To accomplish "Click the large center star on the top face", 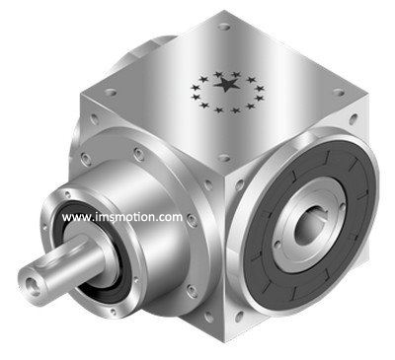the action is pyautogui.click(x=227, y=84).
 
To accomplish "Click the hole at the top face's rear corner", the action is pyautogui.click(x=223, y=26).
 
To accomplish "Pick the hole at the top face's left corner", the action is pyautogui.click(x=110, y=93).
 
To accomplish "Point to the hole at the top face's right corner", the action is pyautogui.click(x=339, y=92).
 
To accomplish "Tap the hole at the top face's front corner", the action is pyautogui.click(x=224, y=159).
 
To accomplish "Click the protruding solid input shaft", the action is pyautogui.click(x=62, y=266).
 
